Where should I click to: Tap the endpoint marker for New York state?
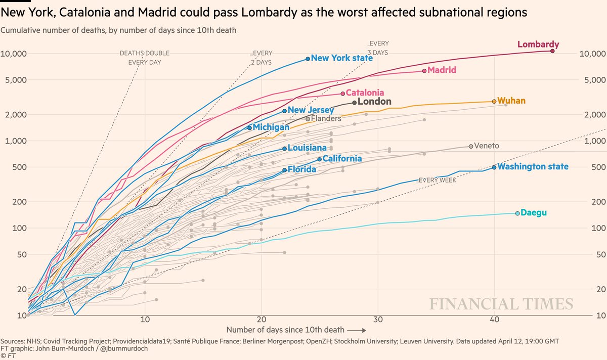click(308, 59)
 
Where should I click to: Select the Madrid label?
click(442, 70)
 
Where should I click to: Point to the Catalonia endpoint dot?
click(343, 93)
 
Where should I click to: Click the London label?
click(374, 102)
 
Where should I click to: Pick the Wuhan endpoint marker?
click(494, 101)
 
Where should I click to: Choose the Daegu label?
click(533, 213)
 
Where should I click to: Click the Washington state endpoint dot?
click(494, 166)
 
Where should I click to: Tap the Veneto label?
click(487, 146)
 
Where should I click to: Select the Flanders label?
click(326, 118)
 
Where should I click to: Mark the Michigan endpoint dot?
click(249, 127)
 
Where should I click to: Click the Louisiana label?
click(307, 148)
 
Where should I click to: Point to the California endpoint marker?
click(319, 159)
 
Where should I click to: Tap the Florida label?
click(301, 169)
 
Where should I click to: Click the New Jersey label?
click(311, 110)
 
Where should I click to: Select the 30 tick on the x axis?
click(378, 319)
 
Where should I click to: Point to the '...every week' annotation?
click(436, 180)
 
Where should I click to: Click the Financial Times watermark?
click(501, 304)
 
